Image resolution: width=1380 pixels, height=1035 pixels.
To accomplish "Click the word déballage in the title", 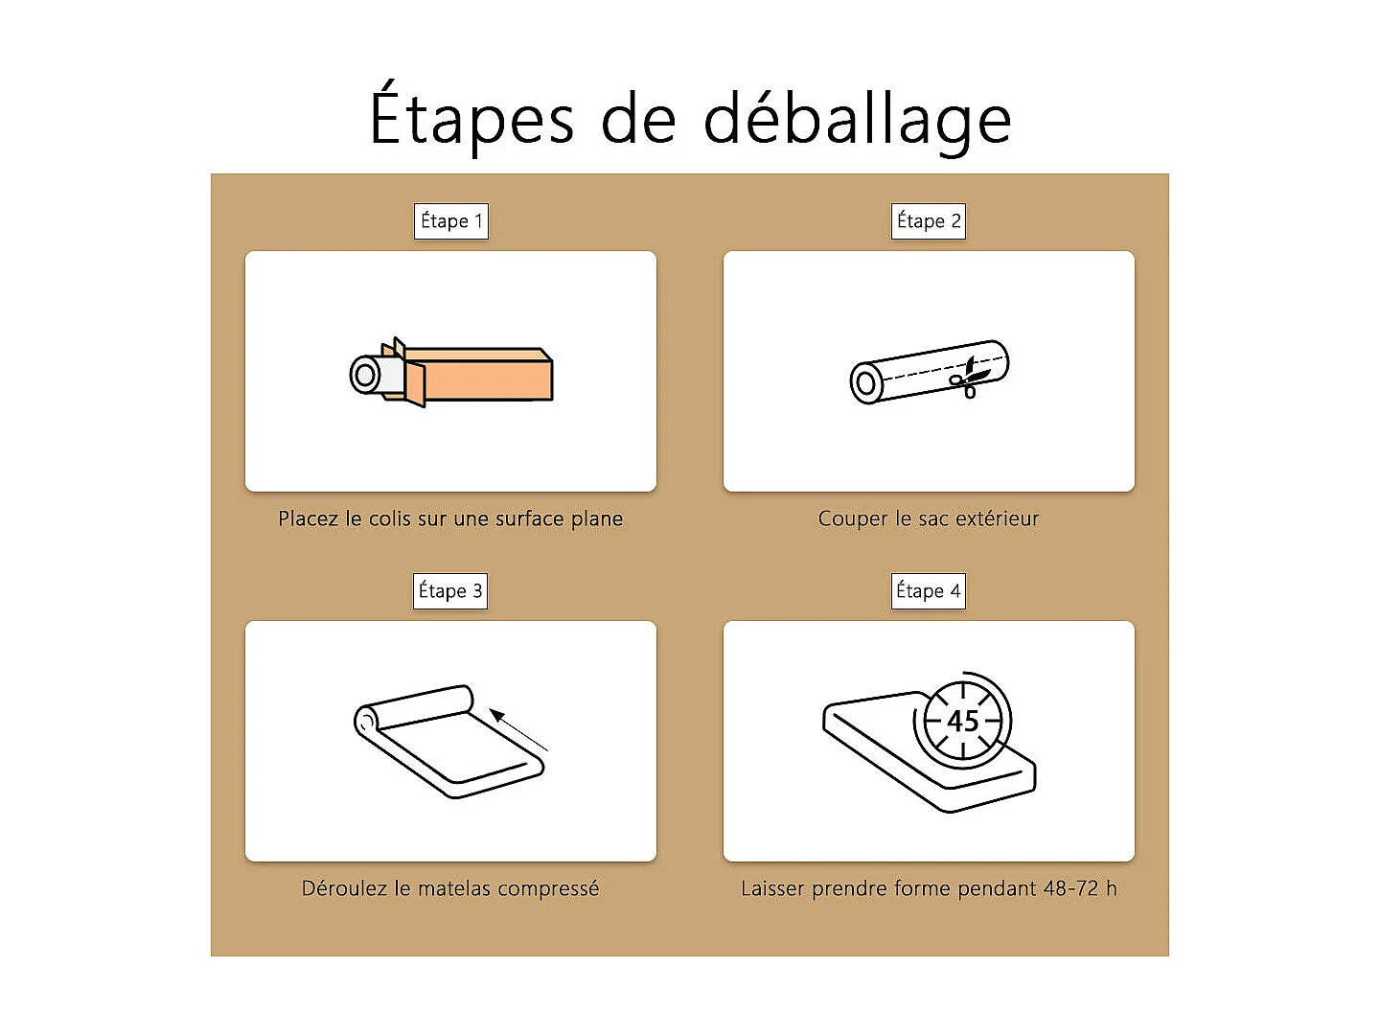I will [x=858, y=121].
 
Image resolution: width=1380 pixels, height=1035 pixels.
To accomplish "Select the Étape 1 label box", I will [x=450, y=221].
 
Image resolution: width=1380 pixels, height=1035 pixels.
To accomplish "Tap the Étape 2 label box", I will [x=928, y=221].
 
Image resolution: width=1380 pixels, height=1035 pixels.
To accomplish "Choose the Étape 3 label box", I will [x=450, y=591].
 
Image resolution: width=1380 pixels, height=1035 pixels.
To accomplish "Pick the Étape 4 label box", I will [x=928, y=591].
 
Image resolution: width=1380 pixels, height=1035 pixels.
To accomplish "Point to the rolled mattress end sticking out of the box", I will [x=368, y=375].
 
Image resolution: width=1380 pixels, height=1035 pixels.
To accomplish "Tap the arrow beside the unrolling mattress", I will [x=517, y=729].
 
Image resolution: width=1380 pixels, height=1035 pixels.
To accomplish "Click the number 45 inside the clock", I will [x=962, y=721].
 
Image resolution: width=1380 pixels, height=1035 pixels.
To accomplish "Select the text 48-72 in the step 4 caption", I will [x=1070, y=889].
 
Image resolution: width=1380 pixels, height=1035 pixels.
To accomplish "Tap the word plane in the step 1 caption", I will [x=596, y=519].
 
